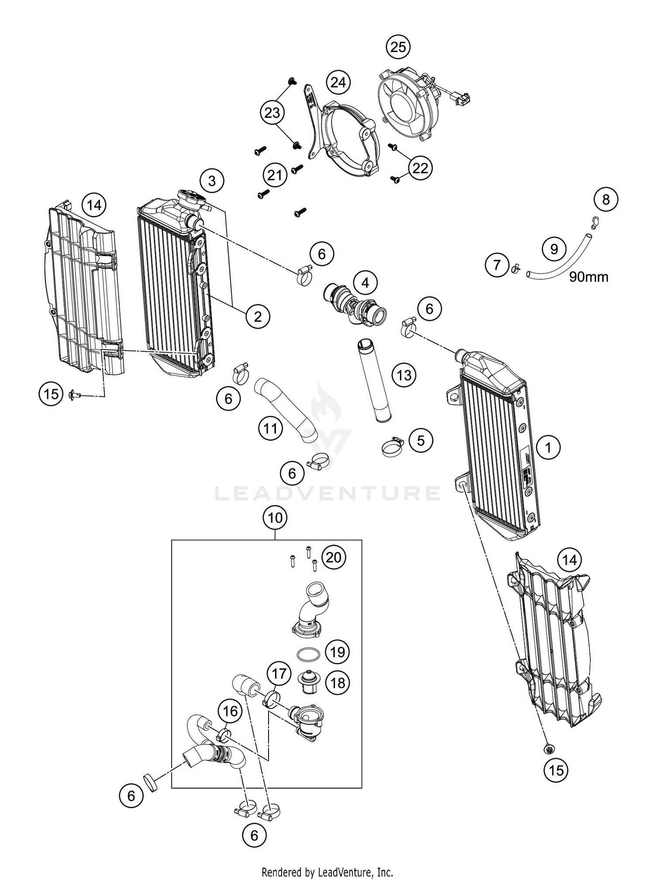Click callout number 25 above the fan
coord(398,47)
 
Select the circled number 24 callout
coord(338,82)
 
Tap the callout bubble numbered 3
coord(212,180)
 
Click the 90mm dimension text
coord(588,277)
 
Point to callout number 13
coord(404,375)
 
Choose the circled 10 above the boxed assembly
coord(275,518)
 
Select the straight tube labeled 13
coord(371,380)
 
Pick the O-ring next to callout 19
coord(308,654)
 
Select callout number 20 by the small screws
coord(334,557)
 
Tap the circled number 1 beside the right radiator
coord(548,447)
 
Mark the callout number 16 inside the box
coord(231,711)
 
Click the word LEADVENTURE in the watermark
coord(327,493)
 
